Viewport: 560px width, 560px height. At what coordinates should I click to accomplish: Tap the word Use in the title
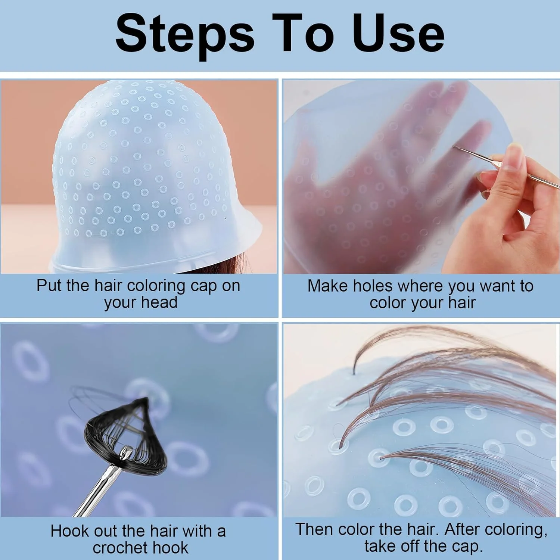398,34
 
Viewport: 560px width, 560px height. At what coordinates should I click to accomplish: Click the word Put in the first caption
49,286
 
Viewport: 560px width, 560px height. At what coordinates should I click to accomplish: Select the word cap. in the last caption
467,547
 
